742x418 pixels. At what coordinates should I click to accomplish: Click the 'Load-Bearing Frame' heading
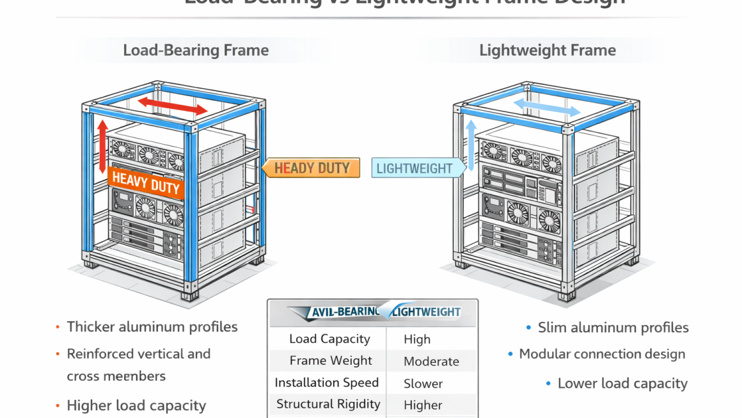point(196,51)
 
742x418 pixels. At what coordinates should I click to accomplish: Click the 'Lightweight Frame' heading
point(548,51)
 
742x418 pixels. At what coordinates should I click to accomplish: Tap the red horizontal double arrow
point(173,105)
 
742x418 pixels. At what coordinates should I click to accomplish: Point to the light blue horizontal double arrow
point(547,106)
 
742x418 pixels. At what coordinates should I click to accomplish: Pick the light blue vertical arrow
point(471,147)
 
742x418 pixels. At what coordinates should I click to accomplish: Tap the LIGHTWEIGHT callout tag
point(414,169)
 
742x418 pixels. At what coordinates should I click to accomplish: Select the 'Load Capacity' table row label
point(329,339)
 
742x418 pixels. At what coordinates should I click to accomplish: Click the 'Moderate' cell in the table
point(431,362)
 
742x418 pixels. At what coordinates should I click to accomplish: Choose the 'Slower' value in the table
point(423,384)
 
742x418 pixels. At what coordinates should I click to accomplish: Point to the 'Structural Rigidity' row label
point(328,404)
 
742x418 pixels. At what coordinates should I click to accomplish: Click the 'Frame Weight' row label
point(331,361)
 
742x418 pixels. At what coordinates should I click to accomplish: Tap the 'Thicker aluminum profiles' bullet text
point(152,327)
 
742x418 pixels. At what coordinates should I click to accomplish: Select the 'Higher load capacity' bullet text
point(136,406)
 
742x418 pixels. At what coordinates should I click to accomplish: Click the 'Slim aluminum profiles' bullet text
point(613,328)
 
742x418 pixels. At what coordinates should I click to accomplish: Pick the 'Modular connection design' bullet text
point(602,354)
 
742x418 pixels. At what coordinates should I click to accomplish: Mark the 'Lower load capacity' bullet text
point(622,384)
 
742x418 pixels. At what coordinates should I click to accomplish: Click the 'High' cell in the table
point(417,340)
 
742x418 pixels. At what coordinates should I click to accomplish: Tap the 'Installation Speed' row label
point(326,383)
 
